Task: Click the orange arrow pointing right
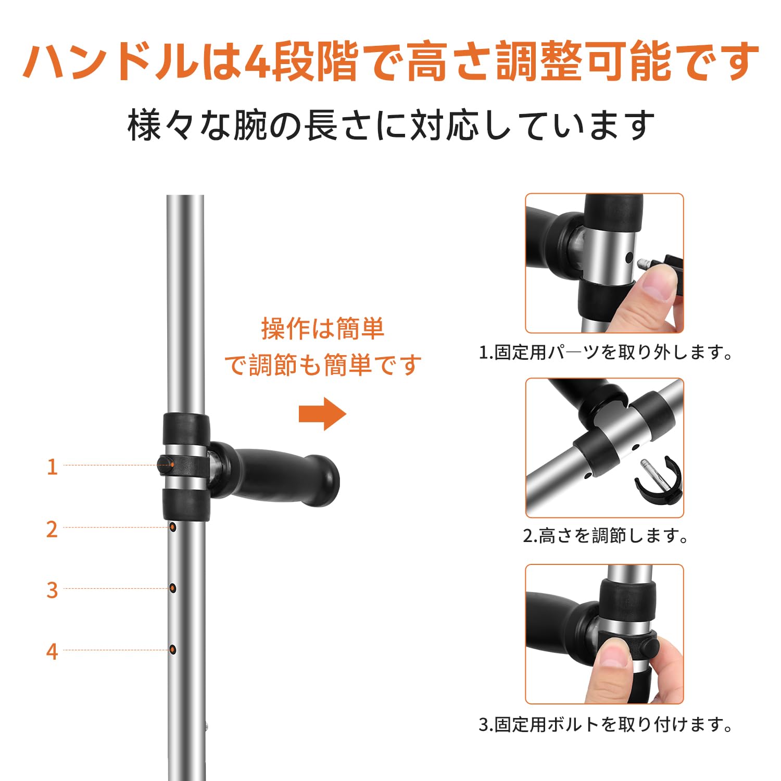click(x=322, y=414)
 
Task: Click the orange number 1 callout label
click(x=52, y=467)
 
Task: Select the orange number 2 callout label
click(x=52, y=529)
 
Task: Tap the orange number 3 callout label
click(x=52, y=590)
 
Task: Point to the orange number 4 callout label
click(x=52, y=651)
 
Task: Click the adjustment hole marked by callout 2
click(x=173, y=527)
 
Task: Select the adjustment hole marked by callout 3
click(x=173, y=588)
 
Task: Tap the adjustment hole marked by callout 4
click(x=173, y=649)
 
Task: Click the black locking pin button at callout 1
click(x=166, y=464)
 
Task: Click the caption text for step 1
click(x=606, y=352)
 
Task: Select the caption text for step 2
click(x=606, y=535)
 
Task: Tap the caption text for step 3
click(x=606, y=724)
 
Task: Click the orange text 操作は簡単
click(x=322, y=329)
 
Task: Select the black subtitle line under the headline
click(x=391, y=125)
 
